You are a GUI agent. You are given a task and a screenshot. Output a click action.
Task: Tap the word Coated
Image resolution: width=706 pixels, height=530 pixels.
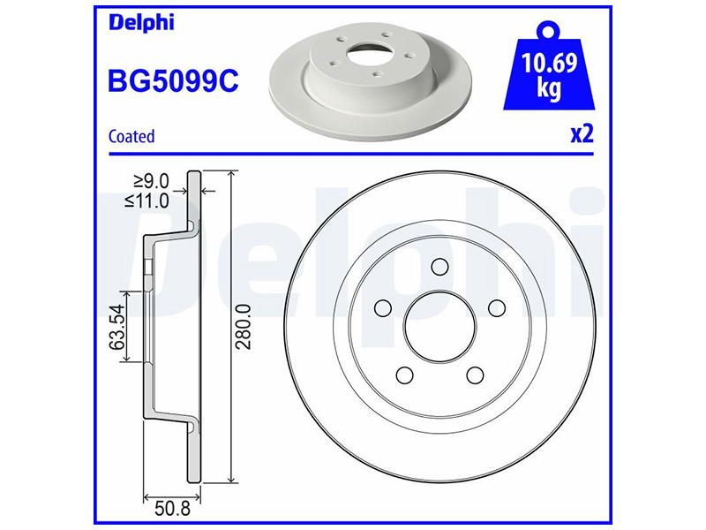[131, 136]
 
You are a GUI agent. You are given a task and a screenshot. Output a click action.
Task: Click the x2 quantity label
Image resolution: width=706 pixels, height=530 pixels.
[581, 134]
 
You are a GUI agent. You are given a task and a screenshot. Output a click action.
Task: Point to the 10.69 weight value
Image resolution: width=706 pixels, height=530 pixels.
[548, 64]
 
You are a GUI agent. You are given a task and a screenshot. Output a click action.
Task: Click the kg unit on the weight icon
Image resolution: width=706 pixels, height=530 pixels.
[548, 90]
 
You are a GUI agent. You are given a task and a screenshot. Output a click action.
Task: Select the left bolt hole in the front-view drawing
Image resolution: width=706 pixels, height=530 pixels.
[383, 307]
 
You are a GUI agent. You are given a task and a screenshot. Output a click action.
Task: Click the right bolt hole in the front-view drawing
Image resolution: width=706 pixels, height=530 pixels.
[496, 307]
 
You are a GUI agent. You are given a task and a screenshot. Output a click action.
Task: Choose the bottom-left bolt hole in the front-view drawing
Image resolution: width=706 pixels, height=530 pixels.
[404, 375]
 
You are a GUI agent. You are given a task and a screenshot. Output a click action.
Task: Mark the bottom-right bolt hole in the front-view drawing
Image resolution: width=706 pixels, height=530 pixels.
[475, 375]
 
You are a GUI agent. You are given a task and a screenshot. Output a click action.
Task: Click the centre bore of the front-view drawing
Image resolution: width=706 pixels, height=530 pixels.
[439, 327]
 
